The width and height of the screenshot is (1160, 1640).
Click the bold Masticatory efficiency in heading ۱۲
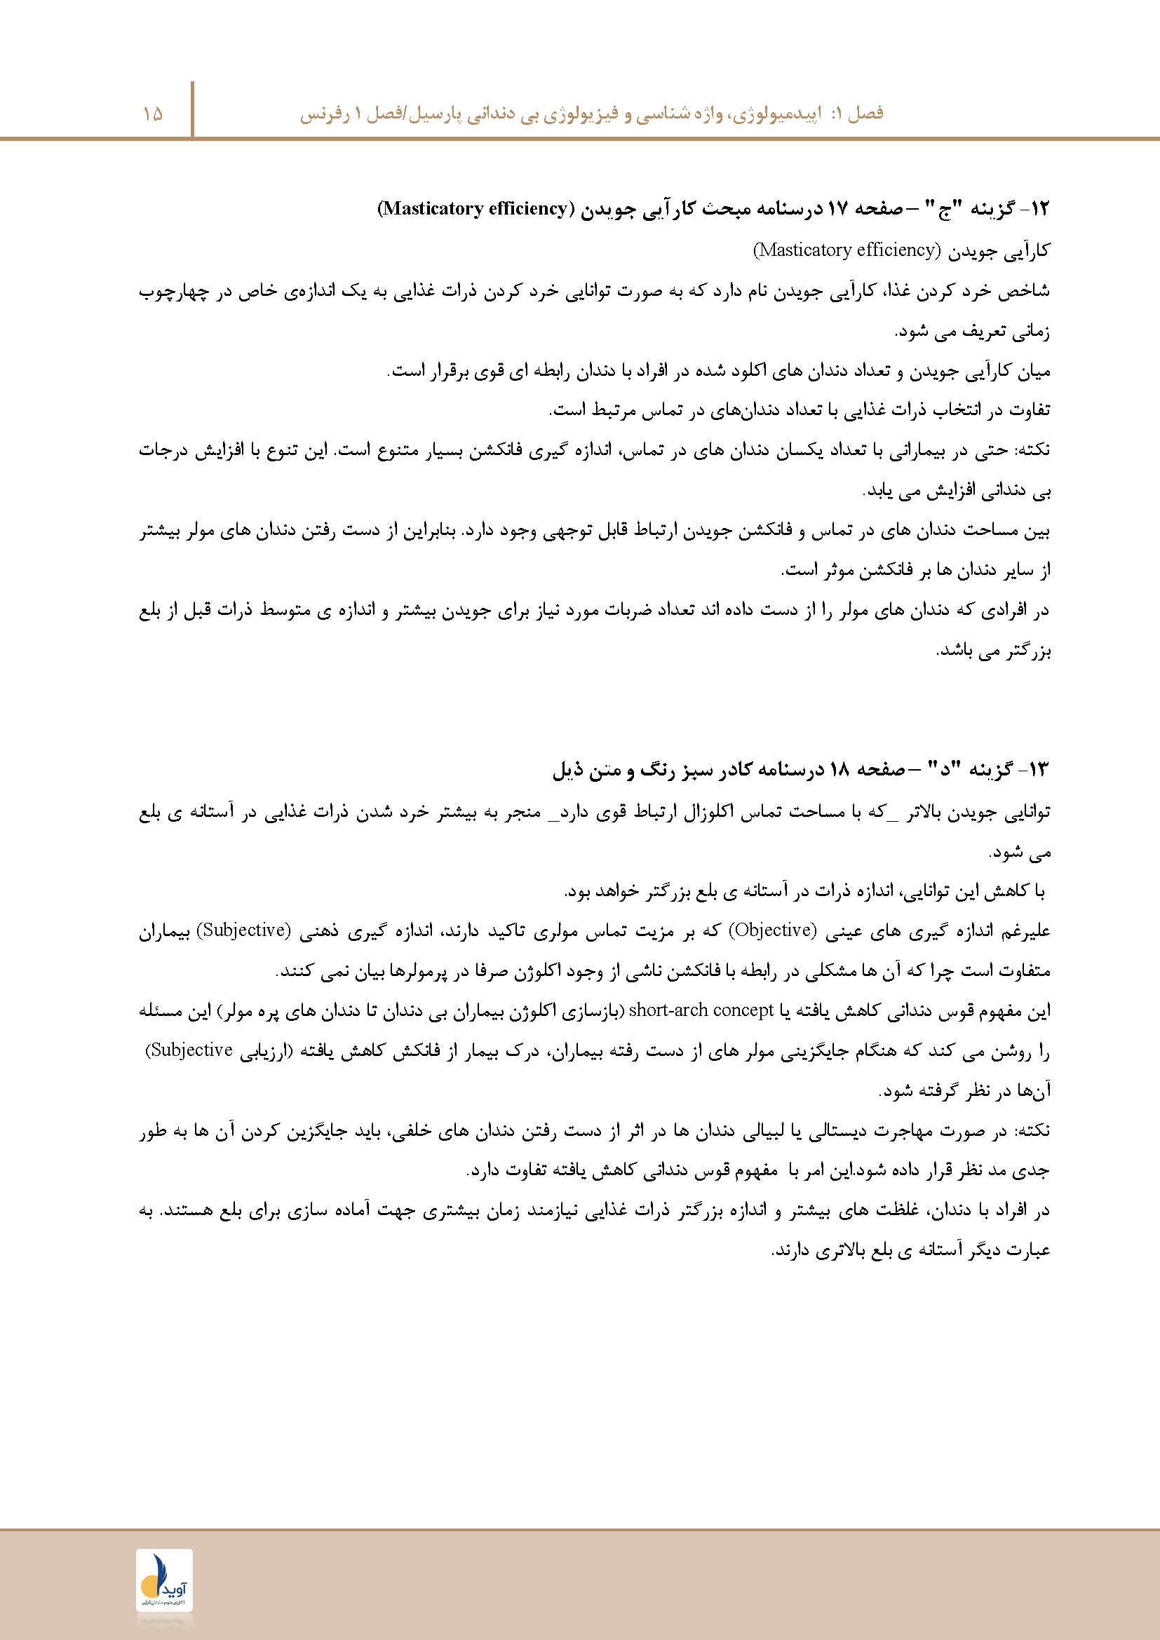(x=474, y=208)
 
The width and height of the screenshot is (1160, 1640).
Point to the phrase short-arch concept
(x=701, y=1010)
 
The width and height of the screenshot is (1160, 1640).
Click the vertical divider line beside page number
(x=192, y=109)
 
